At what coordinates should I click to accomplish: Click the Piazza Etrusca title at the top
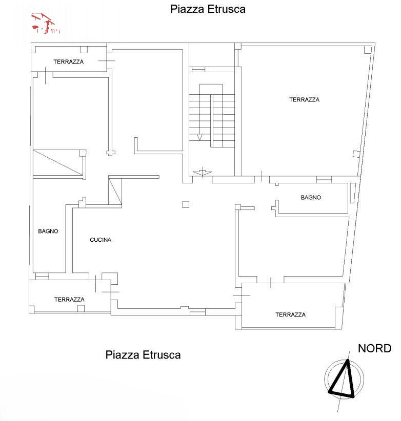coord(208,9)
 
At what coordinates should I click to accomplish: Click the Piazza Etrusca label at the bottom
coord(143,354)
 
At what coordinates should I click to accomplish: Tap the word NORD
coord(374,349)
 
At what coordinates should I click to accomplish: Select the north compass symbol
coord(344,380)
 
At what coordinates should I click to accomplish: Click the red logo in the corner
coord(46,24)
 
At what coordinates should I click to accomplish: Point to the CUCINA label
coord(101,240)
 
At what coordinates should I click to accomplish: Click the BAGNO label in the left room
coord(48,231)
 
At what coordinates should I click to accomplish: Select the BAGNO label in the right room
coord(311,197)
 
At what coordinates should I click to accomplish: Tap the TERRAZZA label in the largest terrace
coord(304,100)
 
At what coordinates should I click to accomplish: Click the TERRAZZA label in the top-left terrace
coord(68,61)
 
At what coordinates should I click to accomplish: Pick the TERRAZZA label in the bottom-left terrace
coord(69,300)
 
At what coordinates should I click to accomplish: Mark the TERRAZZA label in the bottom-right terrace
coord(290,314)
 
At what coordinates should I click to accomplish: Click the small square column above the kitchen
coord(186,205)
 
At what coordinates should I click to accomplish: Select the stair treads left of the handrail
coord(199,115)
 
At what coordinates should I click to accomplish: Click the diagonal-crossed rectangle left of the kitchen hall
coord(58,163)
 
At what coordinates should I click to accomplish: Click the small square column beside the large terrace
coord(355,154)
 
